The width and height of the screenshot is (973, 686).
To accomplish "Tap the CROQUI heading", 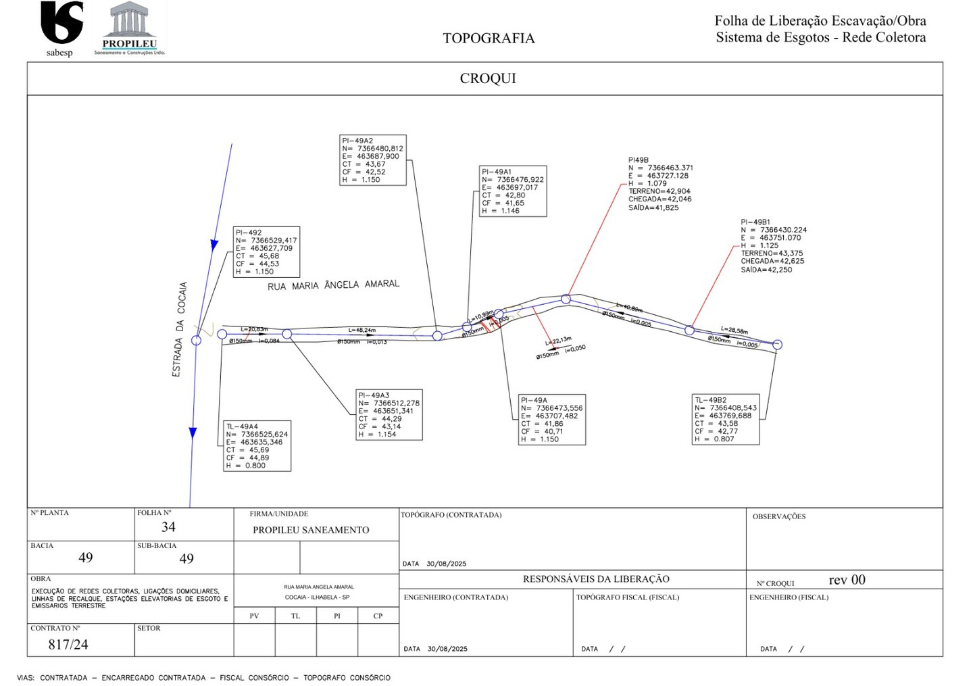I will pyautogui.click(x=488, y=78).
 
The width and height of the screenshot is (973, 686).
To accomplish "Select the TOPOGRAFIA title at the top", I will pyautogui.click(x=489, y=39).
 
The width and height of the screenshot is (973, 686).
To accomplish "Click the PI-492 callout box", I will pyautogui.click(x=266, y=252).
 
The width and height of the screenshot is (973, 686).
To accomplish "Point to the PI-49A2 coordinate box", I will pyautogui.click(x=373, y=160).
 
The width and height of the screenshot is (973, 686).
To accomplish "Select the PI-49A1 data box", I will pyautogui.click(x=513, y=191).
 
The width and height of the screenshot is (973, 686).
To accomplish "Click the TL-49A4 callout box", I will pyautogui.click(x=257, y=446).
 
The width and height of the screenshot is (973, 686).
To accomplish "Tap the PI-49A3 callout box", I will pyautogui.click(x=389, y=415).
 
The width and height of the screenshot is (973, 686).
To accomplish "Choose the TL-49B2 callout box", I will pyautogui.click(x=726, y=420).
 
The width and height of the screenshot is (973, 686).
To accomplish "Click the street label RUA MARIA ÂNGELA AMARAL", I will pyautogui.click(x=333, y=285).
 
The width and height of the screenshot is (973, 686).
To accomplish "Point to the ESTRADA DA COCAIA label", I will pyautogui.click(x=179, y=329).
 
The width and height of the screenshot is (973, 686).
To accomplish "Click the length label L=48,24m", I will pyautogui.click(x=361, y=330).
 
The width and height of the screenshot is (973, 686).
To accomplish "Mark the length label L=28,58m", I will pyautogui.click(x=734, y=330).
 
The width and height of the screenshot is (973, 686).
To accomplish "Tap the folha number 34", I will pyautogui.click(x=168, y=527).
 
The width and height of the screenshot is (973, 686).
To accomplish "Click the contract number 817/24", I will pyautogui.click(x=68, y=645).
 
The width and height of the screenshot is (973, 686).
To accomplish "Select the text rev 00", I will pyautogui.click(x=847, y=580).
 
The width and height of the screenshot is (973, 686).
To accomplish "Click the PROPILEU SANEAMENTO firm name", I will pyautogui.click(x=311, y=531).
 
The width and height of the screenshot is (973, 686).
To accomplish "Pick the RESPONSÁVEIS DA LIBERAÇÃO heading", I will pyautogui.click(x=596, y=579).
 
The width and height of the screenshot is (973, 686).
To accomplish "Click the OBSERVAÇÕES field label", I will pyautogui.click(x=779, y=516).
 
